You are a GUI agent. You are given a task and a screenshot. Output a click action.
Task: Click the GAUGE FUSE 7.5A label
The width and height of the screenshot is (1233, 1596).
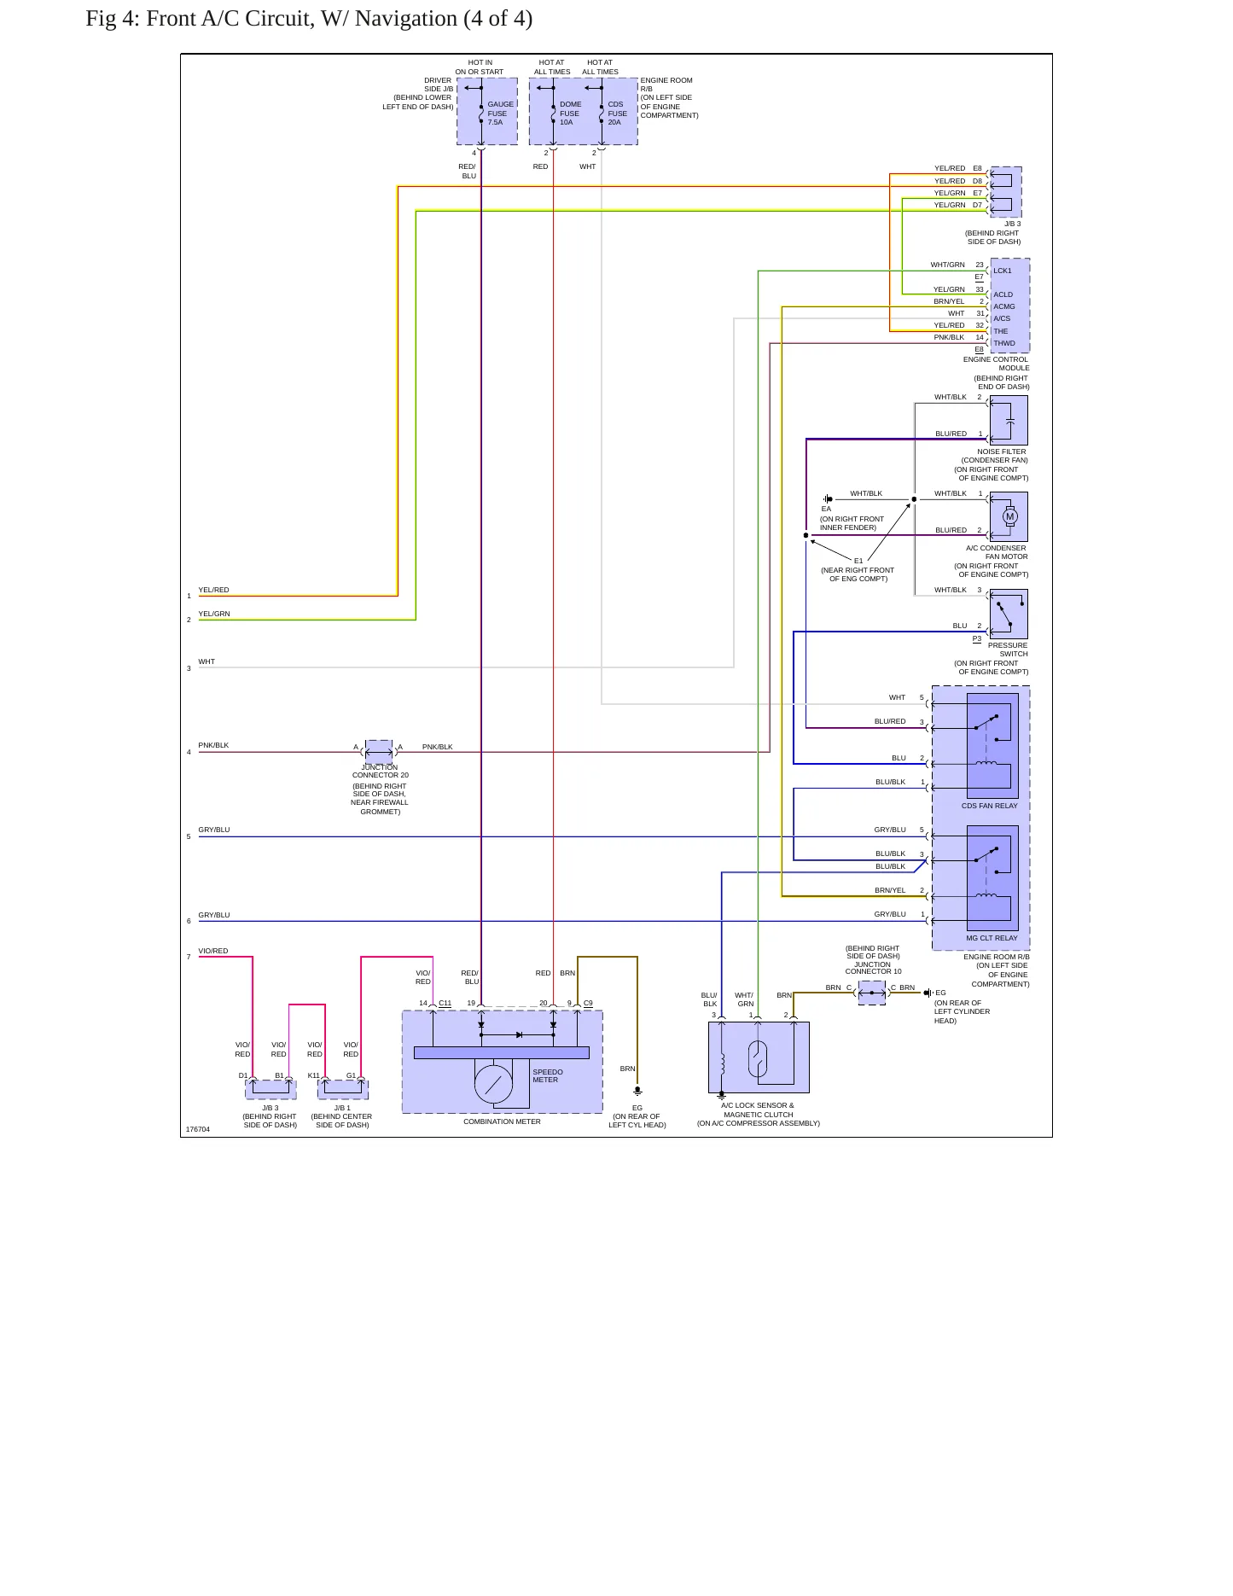[500, 114]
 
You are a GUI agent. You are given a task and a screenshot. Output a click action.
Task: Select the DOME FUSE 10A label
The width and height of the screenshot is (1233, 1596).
[570, 114]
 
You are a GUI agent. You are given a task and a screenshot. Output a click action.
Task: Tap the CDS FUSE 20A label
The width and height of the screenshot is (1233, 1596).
[617, 114]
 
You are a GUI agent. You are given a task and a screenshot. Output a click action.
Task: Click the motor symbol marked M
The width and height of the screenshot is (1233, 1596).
[1010, 516]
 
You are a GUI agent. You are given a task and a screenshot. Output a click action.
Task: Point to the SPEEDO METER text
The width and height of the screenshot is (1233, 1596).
[548, 1076]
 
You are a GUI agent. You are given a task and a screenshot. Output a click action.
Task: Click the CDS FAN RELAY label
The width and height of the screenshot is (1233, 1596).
[990, 806]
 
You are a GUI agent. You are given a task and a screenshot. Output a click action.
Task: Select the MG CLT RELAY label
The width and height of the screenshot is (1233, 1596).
[992, 938]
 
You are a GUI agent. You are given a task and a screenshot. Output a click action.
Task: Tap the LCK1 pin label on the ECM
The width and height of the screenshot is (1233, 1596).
[1003, 271]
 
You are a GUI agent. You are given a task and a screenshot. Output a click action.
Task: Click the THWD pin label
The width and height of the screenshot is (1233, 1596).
[1004, 343]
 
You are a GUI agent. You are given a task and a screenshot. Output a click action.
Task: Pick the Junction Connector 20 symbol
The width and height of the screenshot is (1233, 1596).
[379, 752]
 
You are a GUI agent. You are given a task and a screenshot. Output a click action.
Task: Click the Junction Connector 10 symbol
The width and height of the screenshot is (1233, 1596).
[872, 993]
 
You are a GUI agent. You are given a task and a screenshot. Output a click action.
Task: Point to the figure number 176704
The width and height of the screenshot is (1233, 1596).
[198, 1129]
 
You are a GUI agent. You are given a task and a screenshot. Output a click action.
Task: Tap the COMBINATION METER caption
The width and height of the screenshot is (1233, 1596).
[502, 1121]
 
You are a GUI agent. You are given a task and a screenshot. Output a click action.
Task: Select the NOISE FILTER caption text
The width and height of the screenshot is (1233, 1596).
[1002, 451]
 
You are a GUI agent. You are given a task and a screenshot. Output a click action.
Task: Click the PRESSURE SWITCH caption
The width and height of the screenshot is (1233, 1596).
[1008, 649]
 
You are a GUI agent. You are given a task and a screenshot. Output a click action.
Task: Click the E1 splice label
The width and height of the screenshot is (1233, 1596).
[858, 561]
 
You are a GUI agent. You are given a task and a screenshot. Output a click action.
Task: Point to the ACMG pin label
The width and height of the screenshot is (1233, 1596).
[1004, 306]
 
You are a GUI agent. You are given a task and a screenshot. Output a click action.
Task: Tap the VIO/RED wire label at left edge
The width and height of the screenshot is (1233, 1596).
[213, 951]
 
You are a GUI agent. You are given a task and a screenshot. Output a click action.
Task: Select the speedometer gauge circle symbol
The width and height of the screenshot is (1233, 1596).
[493, 1084]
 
